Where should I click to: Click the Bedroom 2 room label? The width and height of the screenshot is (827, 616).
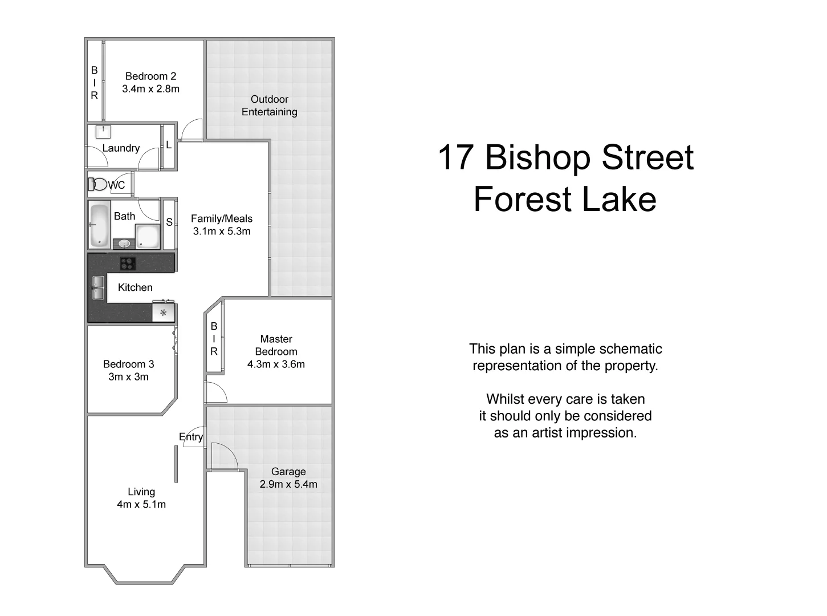click(x=150, y=76)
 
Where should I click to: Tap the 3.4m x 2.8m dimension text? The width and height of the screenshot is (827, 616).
click(x=150, y=89)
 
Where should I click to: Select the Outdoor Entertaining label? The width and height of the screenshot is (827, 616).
click(x=269, y=106)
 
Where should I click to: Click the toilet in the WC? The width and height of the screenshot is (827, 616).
click(x=98, y=184)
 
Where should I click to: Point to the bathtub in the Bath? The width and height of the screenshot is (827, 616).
click(x=99, y=225)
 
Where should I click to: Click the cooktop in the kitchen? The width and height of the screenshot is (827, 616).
click(x=128, y=263)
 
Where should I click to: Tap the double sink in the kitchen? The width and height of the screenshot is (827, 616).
click(x=98, y=287)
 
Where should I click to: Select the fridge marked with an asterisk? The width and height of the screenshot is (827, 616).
click(x=164, y=313)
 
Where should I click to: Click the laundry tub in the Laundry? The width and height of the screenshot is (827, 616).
click(x=103, y=131)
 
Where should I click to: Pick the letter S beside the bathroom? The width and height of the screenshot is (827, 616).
click(x=169, y=222)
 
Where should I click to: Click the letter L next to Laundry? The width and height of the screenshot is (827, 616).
click(x=169, y=145)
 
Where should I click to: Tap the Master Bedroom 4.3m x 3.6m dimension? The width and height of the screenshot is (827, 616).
click(x=276, y=364)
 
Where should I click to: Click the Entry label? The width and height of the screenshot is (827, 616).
click(x=190, y=437)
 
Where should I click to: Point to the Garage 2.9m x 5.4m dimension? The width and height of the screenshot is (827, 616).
click(x=288, y=484)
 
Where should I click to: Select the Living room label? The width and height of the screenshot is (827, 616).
click(x=141, y=492)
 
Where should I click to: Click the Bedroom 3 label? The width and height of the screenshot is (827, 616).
click(x=128, y=364)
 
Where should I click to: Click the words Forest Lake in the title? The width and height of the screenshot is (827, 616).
click(x=565, y=199)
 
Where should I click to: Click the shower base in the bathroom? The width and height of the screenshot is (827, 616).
click(x=148, y=237)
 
